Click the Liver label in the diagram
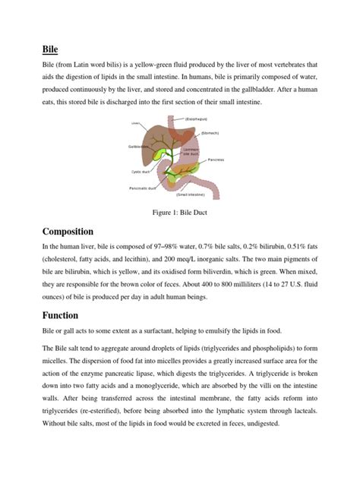tap(136, 122)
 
